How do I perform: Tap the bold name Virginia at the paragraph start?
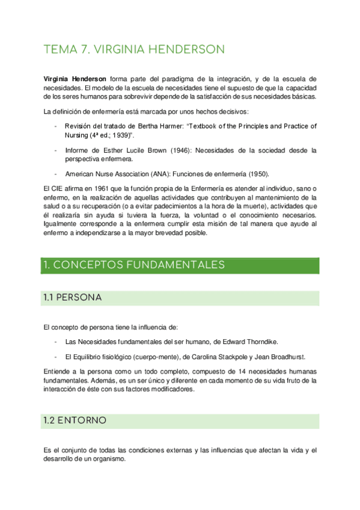(58, 79)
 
